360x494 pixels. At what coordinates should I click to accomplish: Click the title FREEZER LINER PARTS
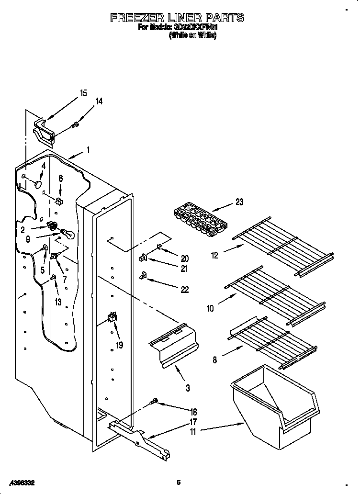[x=177, y=18]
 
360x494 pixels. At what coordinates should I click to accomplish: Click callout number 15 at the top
[x=83, y=93]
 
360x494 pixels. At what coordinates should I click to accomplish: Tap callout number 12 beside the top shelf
[x=214, y=255]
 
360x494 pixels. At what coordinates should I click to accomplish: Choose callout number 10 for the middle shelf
[x=210, y=309]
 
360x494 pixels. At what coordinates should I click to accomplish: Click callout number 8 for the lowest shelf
[x=214, y=360]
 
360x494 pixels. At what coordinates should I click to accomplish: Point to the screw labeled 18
[x=155, y=401]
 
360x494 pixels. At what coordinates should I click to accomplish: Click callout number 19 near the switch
[x=119, y=344]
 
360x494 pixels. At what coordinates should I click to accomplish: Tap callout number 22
[x=185, y=289]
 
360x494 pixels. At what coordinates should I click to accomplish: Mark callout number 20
[x=185, y=258]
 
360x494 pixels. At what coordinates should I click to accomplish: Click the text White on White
[x=192, y=36]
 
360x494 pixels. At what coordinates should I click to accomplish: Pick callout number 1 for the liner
[x=88, y=150]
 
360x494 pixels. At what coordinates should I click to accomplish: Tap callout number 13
[x=58, y=302]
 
